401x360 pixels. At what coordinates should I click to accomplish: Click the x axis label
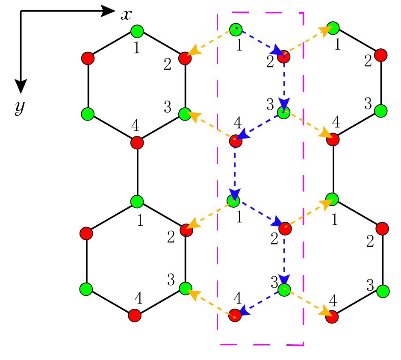[x=127, y=15]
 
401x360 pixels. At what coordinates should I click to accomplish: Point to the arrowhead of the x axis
[x=108, y=11]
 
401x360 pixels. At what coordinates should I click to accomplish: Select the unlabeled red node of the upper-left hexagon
[x=88, y=58]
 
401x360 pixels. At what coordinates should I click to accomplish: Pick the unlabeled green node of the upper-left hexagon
[x=88, y=114]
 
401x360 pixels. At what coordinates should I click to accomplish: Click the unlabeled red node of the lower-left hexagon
[x=86, y=233]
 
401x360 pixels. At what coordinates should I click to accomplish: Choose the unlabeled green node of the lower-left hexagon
[x=86, y=289]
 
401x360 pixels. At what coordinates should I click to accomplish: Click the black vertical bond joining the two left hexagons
[x=138, y=172]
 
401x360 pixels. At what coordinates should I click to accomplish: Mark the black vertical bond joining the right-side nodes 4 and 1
[x=333, y=169]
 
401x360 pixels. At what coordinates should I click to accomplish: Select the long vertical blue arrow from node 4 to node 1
[x=235, y=172]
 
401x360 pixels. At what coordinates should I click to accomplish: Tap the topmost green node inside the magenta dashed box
[x=236, y=30]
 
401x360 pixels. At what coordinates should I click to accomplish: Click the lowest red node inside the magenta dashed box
[x=235, y=315]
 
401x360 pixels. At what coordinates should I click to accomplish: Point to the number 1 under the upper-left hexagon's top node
[x=137, y=47]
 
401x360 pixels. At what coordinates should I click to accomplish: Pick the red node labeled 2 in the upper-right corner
[x=381, y=55]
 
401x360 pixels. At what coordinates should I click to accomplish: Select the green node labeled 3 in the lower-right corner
[x=383, y=291]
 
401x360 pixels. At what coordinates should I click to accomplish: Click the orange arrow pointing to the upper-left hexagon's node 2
[x=211, y=42]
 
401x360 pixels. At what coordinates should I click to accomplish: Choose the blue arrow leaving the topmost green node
[x=259, y=41]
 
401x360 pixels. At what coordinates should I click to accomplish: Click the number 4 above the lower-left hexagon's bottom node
[x=139, y=298]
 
